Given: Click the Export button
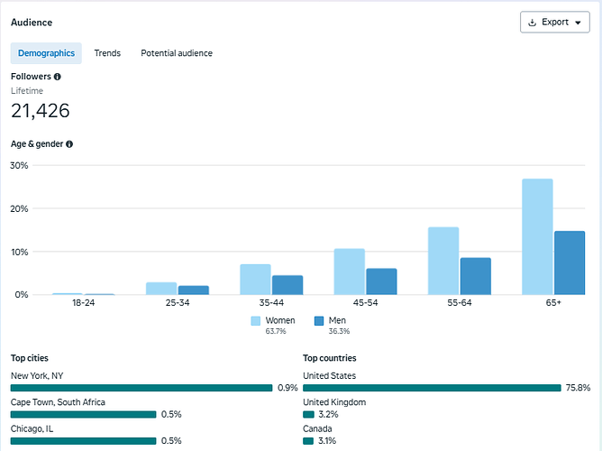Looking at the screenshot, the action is (x=555, y=23).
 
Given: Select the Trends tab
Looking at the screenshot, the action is (x=107, y=53).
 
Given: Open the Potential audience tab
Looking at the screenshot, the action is (x=177, y=53).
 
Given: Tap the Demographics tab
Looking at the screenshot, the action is (x=46, y=53).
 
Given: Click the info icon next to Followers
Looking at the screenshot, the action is (x=57, y=77).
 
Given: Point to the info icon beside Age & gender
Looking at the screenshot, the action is (x=69, y=144).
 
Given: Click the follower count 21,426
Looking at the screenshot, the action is (x=41, y=111).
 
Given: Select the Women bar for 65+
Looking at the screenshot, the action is (x=537, y=236).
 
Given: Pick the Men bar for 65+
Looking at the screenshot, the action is (x=570, y=262).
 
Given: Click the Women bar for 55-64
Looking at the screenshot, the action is (x=443, y=261).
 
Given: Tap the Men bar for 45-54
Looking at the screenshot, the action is (x=381, y=281).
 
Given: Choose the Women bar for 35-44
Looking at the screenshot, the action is (x=255, y=280).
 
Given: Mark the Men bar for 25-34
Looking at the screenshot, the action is (x=194, y=290).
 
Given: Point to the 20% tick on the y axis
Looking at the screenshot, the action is (x=19, y=208).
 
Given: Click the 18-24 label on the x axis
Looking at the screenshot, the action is (x=83, y=303).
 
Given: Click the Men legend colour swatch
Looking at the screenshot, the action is (x=319, y=321).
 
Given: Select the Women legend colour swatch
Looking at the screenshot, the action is (x=256, y=321).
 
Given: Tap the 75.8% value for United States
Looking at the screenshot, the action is (x=578, y=388).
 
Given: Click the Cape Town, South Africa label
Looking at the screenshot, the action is (x=58, y=402).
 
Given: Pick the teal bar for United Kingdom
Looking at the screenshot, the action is (x=309, y=414).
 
